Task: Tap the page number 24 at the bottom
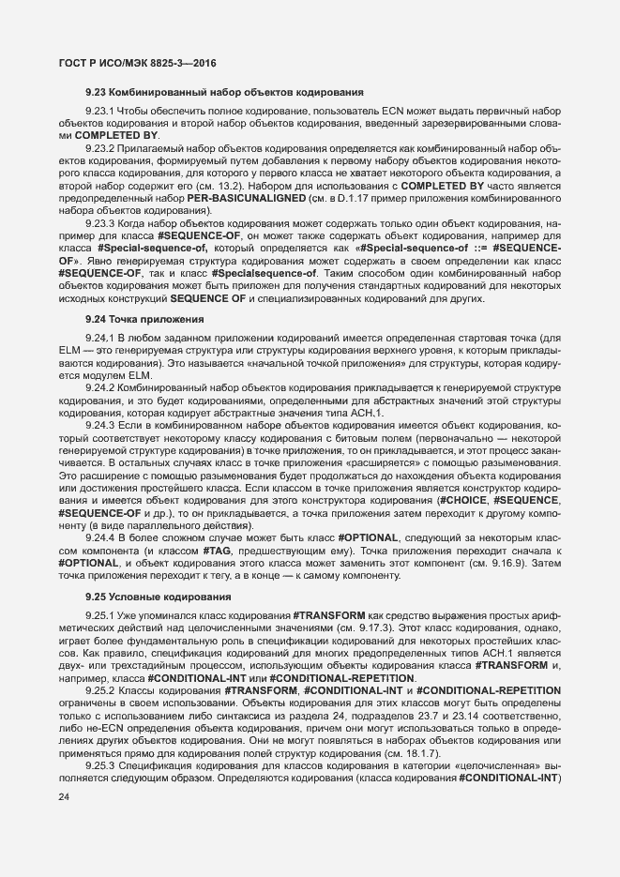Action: coord(64,797)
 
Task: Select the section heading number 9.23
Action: coord(98,94)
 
